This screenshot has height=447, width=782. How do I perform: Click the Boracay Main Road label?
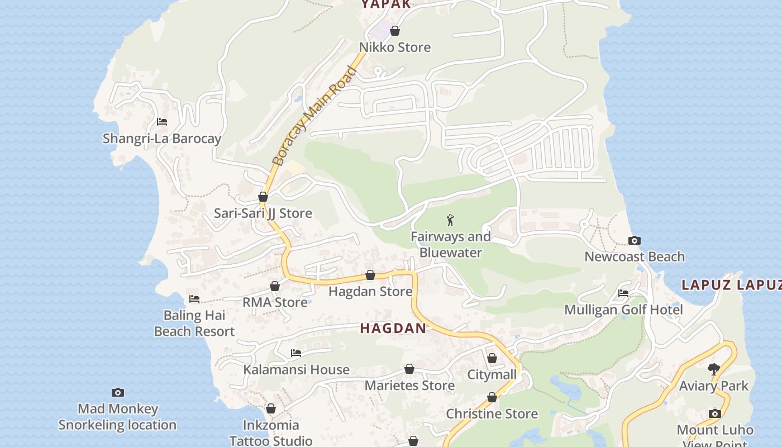[x=313, y=116]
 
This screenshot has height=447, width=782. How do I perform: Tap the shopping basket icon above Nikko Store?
[x=395, y=31]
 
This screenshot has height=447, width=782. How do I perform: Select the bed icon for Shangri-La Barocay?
[x=162, y=121]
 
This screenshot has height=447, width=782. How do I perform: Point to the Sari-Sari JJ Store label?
[x=263, y=213]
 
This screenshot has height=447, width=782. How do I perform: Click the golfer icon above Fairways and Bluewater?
[x=450, y=221]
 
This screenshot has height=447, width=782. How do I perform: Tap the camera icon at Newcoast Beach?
[x=635, y=241]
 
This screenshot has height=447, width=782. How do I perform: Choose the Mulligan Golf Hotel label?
[x=623, y=310]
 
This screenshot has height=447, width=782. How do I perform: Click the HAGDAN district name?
[x=393, y=329]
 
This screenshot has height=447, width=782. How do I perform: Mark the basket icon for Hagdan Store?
[x=370, y=275]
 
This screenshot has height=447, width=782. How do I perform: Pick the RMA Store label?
[x=275, y=302]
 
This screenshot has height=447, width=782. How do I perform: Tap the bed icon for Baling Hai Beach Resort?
[x=194, y=299]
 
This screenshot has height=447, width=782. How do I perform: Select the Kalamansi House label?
[x=296, y=369]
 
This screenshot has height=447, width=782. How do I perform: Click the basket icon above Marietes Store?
[x=409, y=369]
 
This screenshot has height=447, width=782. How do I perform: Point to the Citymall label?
[x=492, y=374]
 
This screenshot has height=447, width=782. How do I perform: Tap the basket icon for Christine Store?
[x=492, y=398]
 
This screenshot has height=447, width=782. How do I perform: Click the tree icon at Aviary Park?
[x=713, y=369]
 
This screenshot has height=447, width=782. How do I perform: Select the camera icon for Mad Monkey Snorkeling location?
[x=117, y=393]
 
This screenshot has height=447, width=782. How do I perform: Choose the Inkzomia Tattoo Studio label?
[x=271, y=433]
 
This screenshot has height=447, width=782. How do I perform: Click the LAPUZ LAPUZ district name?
[x=731, y=285]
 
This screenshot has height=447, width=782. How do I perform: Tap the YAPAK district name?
[x=386, y=4]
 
